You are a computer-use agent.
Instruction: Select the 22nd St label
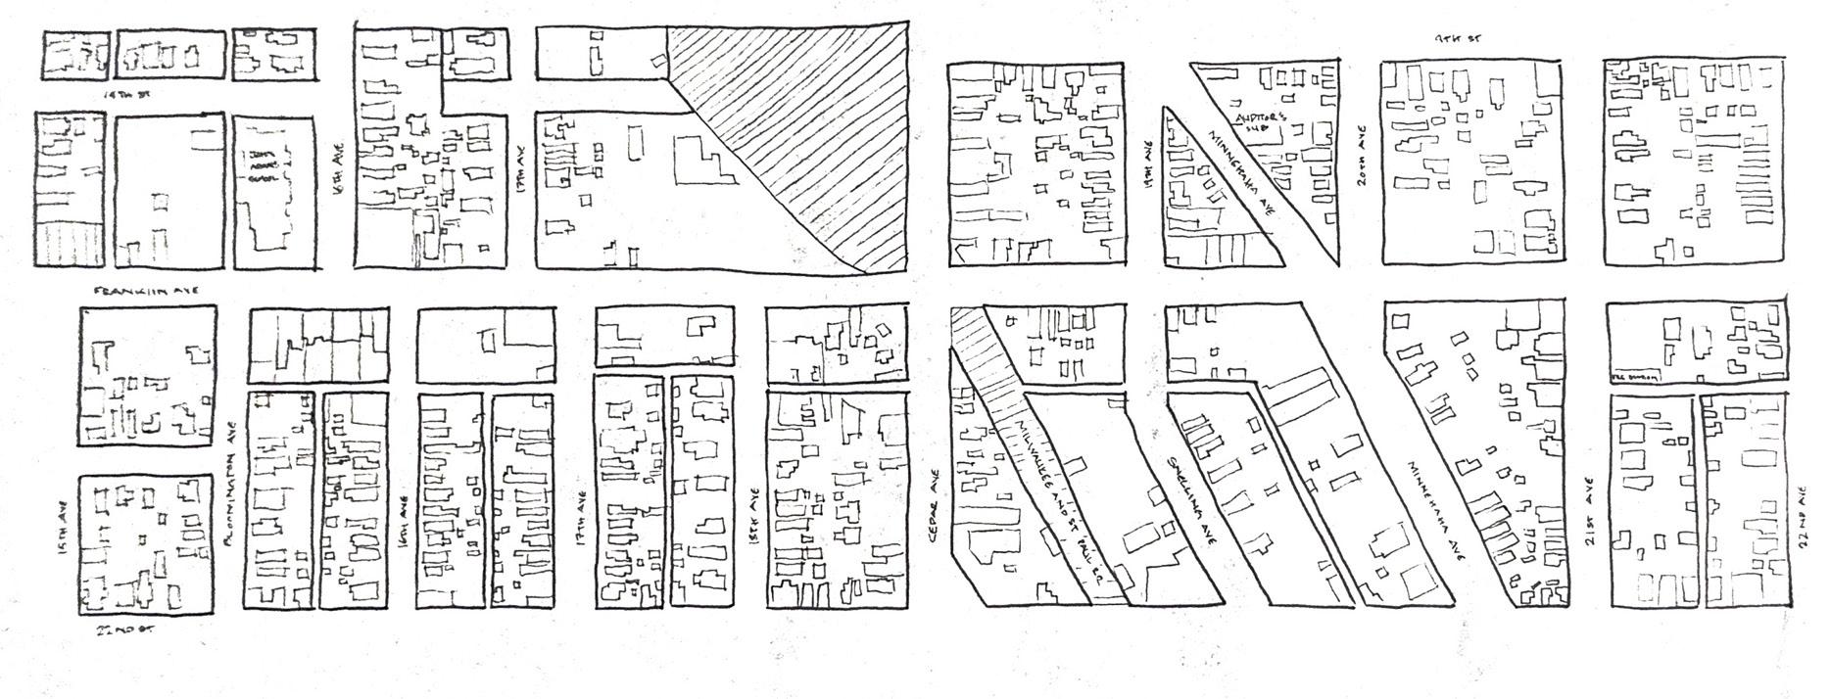[x=125, y=629]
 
